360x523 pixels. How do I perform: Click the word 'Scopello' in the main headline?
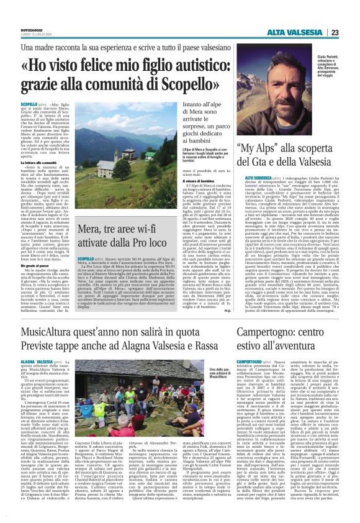(x=182, y=84)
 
